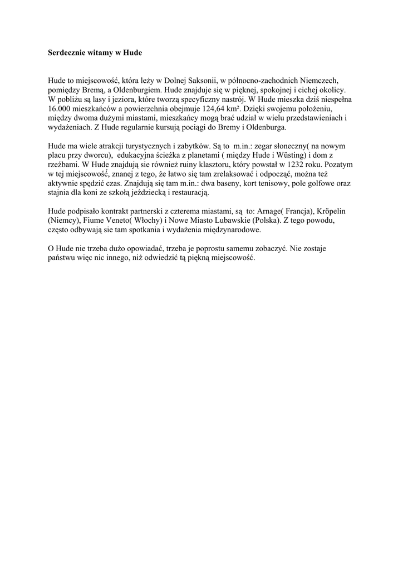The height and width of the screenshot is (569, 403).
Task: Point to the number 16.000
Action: click(60, 108)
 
